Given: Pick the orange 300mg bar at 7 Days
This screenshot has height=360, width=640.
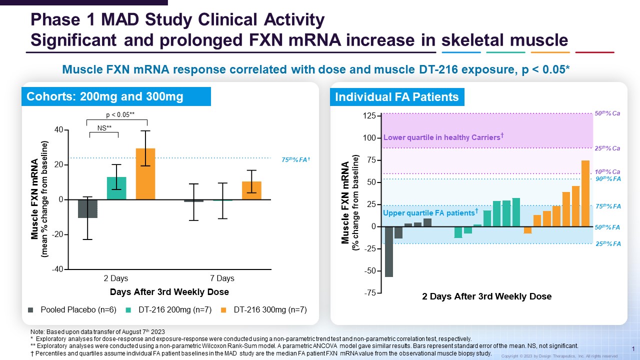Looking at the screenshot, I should tap(251, 190).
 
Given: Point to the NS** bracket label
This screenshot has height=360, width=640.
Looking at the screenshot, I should tap(103, 128).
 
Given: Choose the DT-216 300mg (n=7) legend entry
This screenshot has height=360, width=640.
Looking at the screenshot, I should tap(264, 310).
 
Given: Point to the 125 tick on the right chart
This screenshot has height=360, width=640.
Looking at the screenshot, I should tap(369, 116).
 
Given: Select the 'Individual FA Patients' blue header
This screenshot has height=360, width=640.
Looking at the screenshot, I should tap(397, 96).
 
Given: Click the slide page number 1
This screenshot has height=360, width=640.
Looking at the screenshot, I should tap(633, 348).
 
